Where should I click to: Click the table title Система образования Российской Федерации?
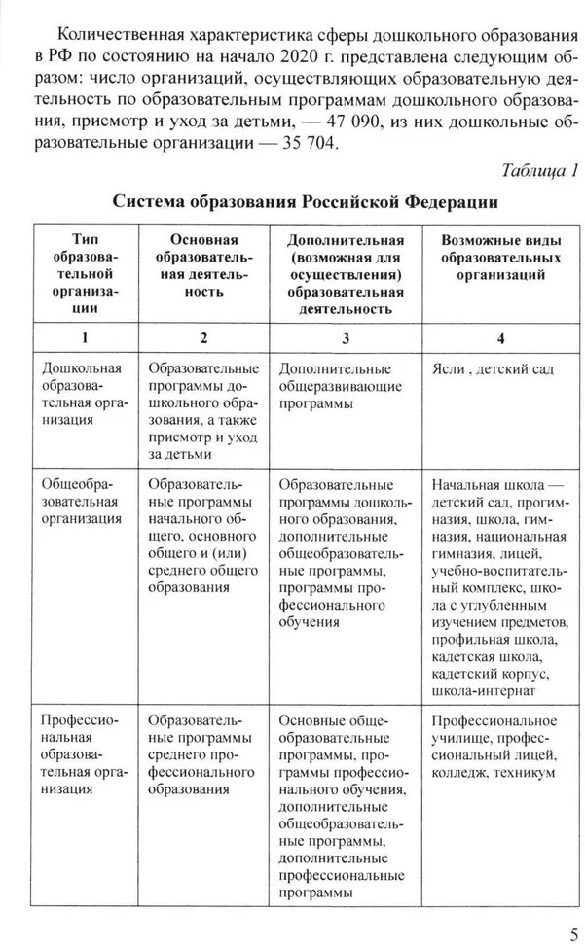click(x=306, y=203)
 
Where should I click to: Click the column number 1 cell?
click(x=85, y=337)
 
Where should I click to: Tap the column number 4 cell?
click(x=502, y=337)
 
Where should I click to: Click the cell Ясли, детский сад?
click(x=492, y=369)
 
